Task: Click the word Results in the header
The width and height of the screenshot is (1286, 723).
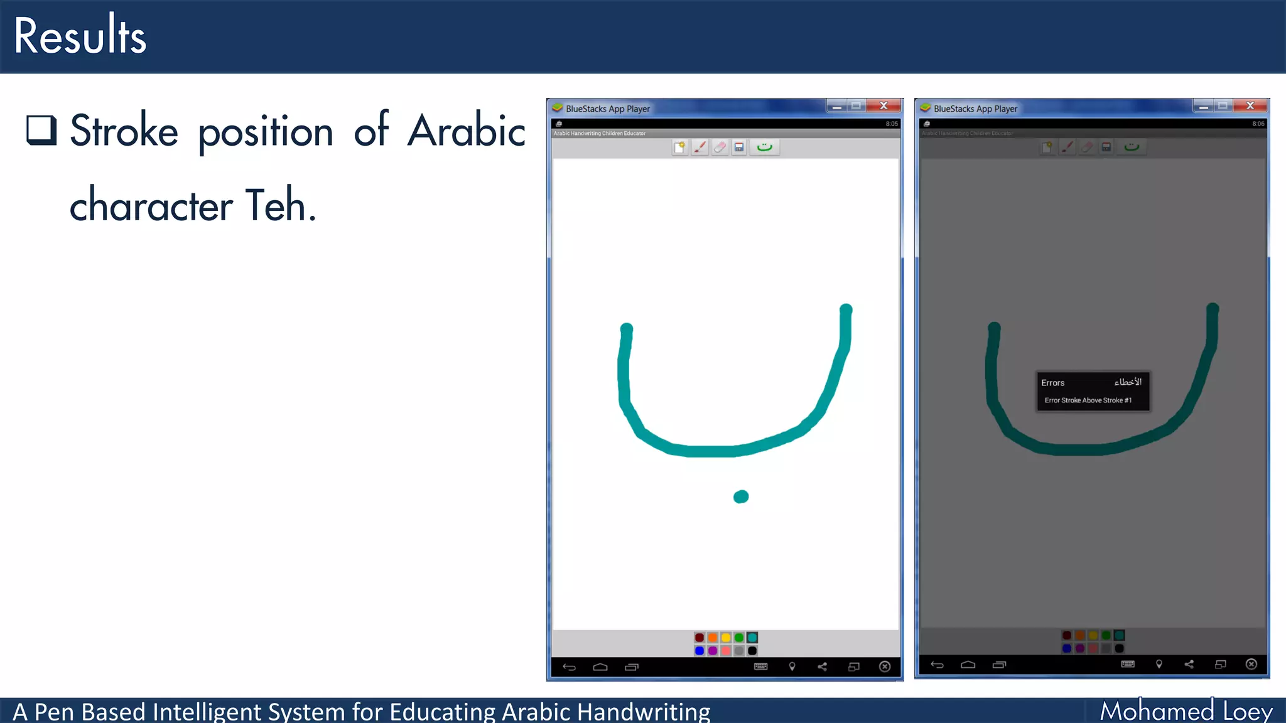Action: click(x=80, y=36)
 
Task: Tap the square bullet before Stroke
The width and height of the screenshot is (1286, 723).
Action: click(x=41, y=130)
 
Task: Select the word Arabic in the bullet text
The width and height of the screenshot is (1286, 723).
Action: click(x=467, y=131)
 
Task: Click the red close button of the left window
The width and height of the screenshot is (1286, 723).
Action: click(x=883, y=105)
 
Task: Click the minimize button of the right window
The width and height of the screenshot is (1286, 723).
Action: click(x=1203, y=107)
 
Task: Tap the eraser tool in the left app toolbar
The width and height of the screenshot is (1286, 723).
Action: click(x=720, y=147)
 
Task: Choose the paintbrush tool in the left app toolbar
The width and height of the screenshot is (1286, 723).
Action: click(x=700, y=147)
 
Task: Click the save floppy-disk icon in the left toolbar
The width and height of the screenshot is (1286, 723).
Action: click(x=739, y=147)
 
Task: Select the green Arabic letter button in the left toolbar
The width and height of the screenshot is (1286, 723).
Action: click(x=764, y=147)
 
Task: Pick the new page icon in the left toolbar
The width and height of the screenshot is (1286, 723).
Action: click(x=679, y=147)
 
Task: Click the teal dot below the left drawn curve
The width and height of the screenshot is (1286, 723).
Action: click(x=741, y=497)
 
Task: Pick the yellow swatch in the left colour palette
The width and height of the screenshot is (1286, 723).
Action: click(x=726, y=638)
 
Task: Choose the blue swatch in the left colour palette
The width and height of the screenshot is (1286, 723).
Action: click(x=700, y=651)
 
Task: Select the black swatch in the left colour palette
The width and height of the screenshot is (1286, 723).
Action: click(x=752, y=651)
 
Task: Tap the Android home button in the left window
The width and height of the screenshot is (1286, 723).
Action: click(x=600, y=667)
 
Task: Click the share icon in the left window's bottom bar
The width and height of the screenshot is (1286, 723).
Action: click(x=822, y=667)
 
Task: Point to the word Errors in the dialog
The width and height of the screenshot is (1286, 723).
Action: click(x=1052, y=383)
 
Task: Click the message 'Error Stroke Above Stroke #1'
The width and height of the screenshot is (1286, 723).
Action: click(x=1088, y=400)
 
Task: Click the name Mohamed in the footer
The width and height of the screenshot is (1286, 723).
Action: click(x=1157, y=711)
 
